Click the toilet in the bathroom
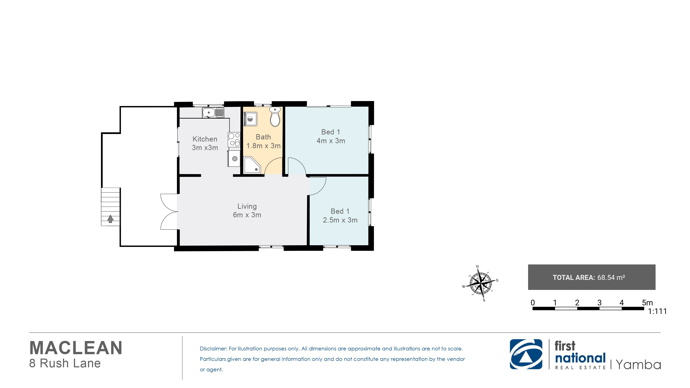click(275, 117)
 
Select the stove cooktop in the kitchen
click(234, 140)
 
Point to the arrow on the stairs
click(110, 219)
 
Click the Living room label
click(247, 206)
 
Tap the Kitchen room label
click(205, 139)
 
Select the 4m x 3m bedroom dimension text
click(331, 141)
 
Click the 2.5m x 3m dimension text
click(340, 220)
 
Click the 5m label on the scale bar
click(647, 303)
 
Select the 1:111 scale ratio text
click(657, 311)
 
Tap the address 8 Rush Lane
click(65, 363)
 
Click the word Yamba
click(638, 365)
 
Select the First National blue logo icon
click(526, 354)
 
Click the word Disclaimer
click(213, 349)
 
